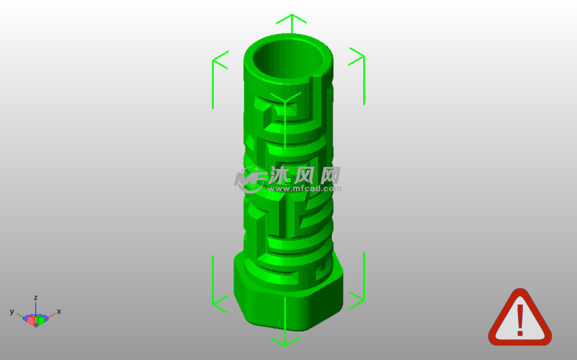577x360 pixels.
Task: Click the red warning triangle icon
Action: [x=519, y=317]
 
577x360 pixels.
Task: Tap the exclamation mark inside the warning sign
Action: [x=520, y=320]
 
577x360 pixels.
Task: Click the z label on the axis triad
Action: [x=36, y=298]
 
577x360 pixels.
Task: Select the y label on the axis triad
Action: [x=12, y=312]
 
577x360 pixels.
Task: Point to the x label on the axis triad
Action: [x=59, y=311]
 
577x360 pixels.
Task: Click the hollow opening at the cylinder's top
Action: [x=288, y=60]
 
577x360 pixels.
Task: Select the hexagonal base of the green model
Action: [x=288, y=291]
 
